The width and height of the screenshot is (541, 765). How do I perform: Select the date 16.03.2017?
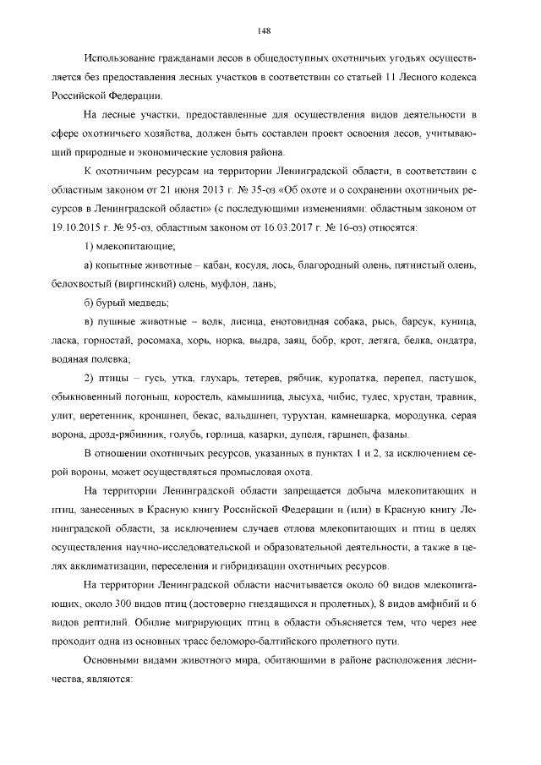[336, 227]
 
